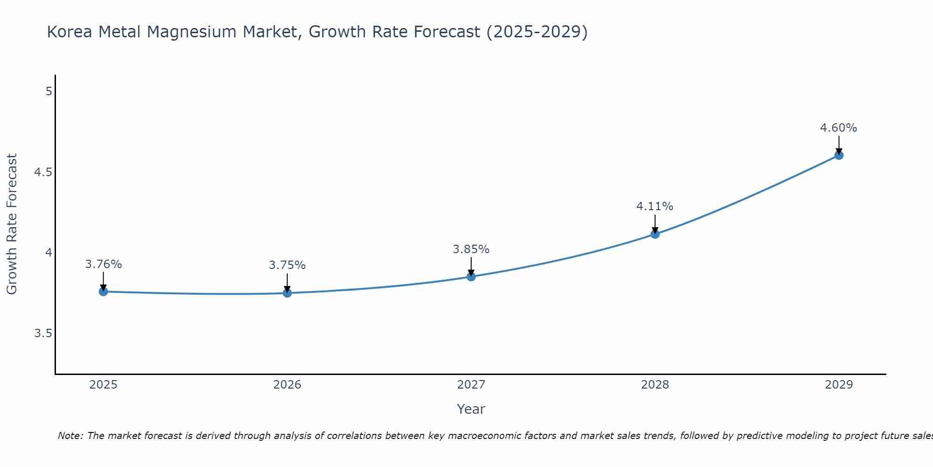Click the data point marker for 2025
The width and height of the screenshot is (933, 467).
tap(104, 292)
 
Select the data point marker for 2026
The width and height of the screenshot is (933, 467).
tap(287, 293)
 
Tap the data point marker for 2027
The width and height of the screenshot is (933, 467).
tap(471, 277)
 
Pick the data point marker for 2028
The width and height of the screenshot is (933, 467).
tap(655, 234)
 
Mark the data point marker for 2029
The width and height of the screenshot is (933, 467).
tap(839, 155)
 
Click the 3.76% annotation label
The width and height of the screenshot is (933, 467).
tap(104, 264)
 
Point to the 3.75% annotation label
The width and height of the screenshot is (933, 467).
tap(287, 265)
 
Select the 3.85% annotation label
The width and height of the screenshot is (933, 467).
tap(471, 249)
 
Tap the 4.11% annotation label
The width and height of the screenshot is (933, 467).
tap(655, 206)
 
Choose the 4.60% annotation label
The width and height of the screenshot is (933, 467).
tap(839, 128)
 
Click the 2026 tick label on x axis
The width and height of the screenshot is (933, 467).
tap(287, 385)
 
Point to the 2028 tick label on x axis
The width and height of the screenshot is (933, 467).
tap(655, 385)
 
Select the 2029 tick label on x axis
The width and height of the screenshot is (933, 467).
tap(839, 385)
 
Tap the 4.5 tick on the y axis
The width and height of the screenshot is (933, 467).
tap(43, 172)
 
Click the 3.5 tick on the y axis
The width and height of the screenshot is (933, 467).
tap(43, 333)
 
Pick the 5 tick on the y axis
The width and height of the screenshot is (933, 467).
tap(49, 92)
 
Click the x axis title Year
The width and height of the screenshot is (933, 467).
tap(471, 409)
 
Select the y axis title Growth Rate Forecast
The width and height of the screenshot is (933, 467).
tap(12, 224)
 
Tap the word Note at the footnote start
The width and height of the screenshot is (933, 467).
tap(70, 436)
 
